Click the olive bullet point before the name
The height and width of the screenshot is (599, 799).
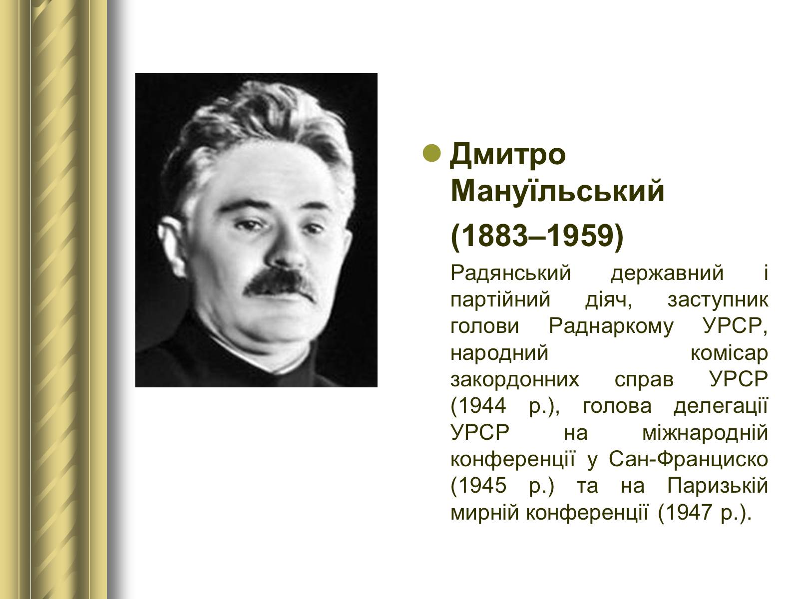pyautogui.click(x=432, y=153)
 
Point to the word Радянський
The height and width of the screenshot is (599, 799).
pyautogui.click(x=510, y=273)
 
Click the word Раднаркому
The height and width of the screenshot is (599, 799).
pyautogui.click(x=611, y=326)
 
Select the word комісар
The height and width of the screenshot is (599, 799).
pyautogui.click(x=729, y=353)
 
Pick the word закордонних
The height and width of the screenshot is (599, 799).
pyautogui.click(x=515, y=380)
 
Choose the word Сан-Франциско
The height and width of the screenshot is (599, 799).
pyautogui.click(x=688, y=459)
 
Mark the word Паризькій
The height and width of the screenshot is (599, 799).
pyautogui.click(x=718, y=486)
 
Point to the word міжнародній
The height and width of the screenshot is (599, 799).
pyautogui.click(x=705, y=433)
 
